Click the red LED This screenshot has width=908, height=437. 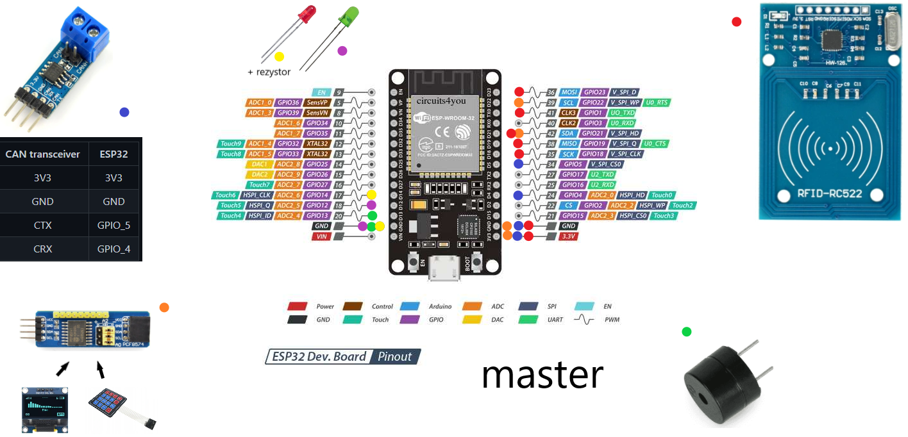[308, 13]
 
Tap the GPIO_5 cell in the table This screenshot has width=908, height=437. [113, 225]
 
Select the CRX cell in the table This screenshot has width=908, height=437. [43, 249]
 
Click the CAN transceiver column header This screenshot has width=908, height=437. [43, 154]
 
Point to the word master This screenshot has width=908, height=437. [542, 375]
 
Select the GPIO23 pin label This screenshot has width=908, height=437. [593, 92]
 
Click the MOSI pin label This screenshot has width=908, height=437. [569, 92]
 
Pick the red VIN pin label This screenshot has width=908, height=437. [322, 236]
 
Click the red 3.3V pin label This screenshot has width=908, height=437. [568, 236]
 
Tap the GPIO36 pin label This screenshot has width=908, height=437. [289, 103]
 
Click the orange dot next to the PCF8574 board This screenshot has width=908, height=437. [164, 308]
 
